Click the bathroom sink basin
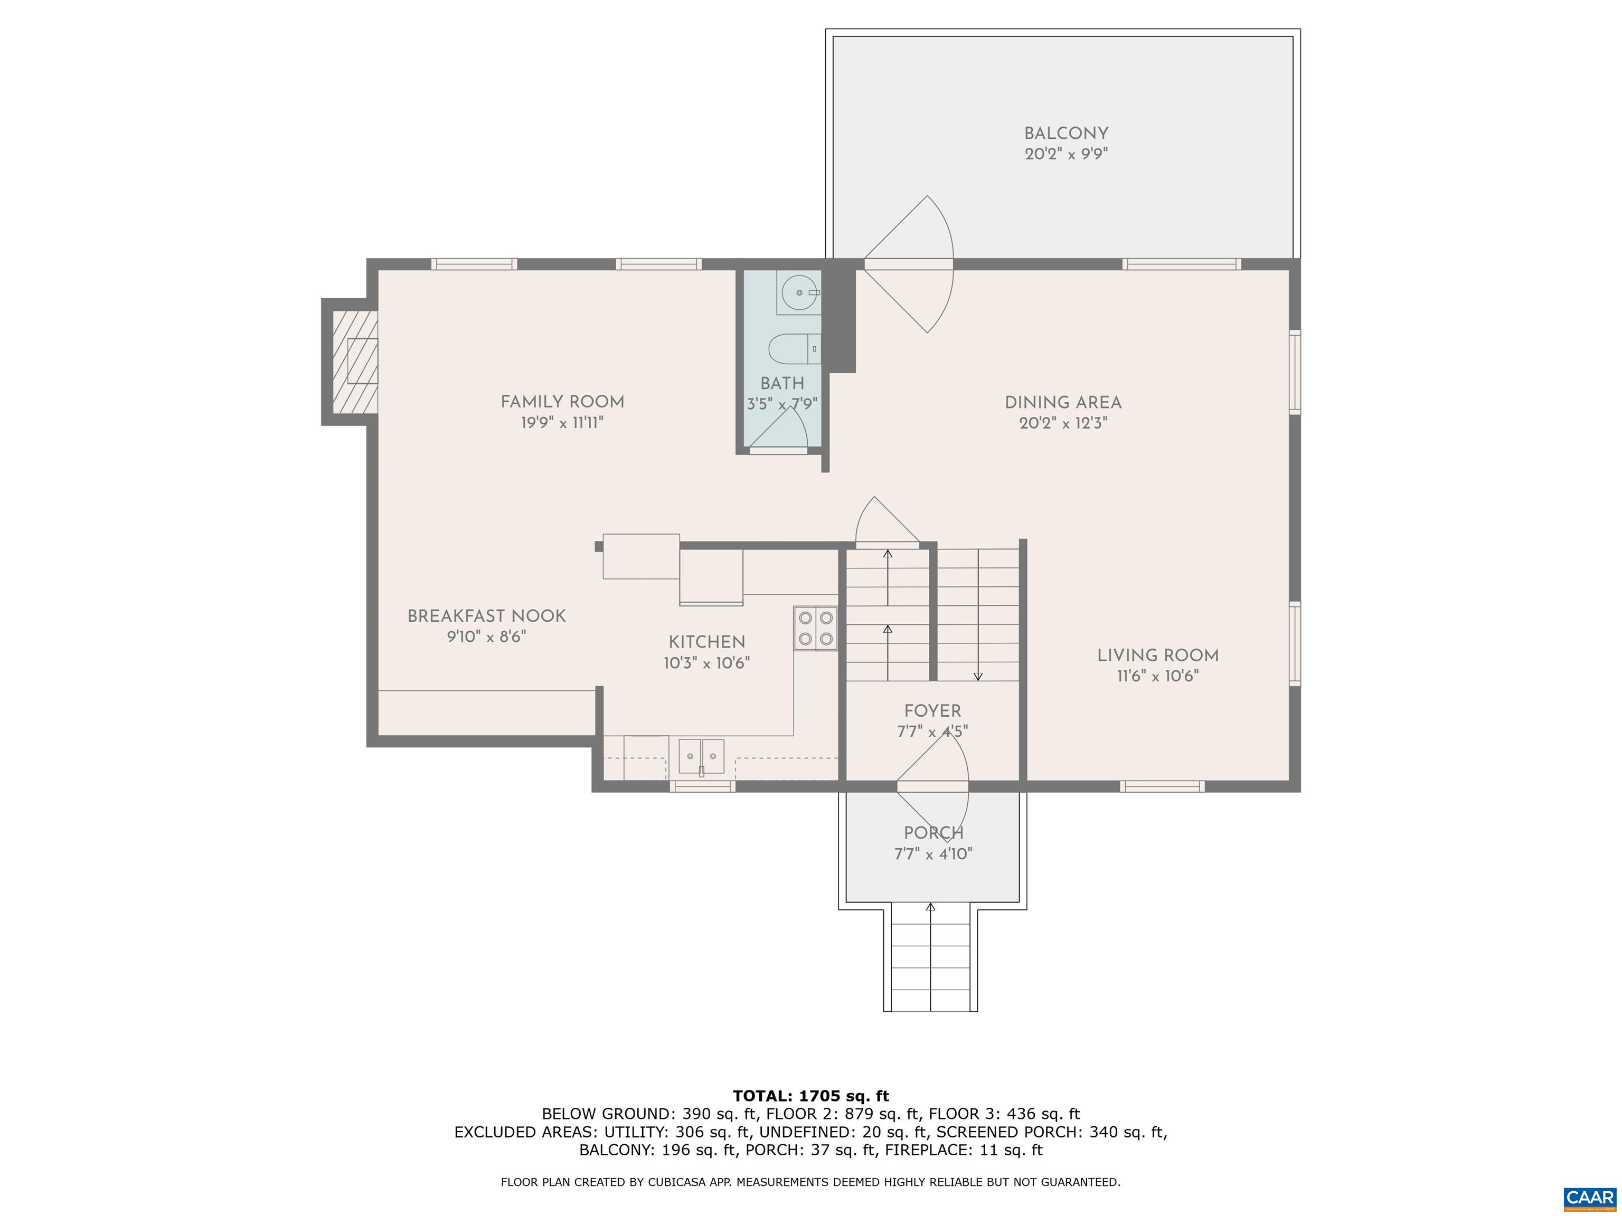798,292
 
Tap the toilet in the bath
794,349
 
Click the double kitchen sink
701,756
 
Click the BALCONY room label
1066,134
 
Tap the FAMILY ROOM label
562,402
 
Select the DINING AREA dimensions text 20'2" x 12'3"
1063,423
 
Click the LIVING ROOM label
1158,655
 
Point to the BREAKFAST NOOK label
487,616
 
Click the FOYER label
933,710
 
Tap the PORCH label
933,833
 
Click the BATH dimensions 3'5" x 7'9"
782,403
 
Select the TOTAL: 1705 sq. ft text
811,1096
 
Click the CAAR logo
1590,1198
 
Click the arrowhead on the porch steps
930,907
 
